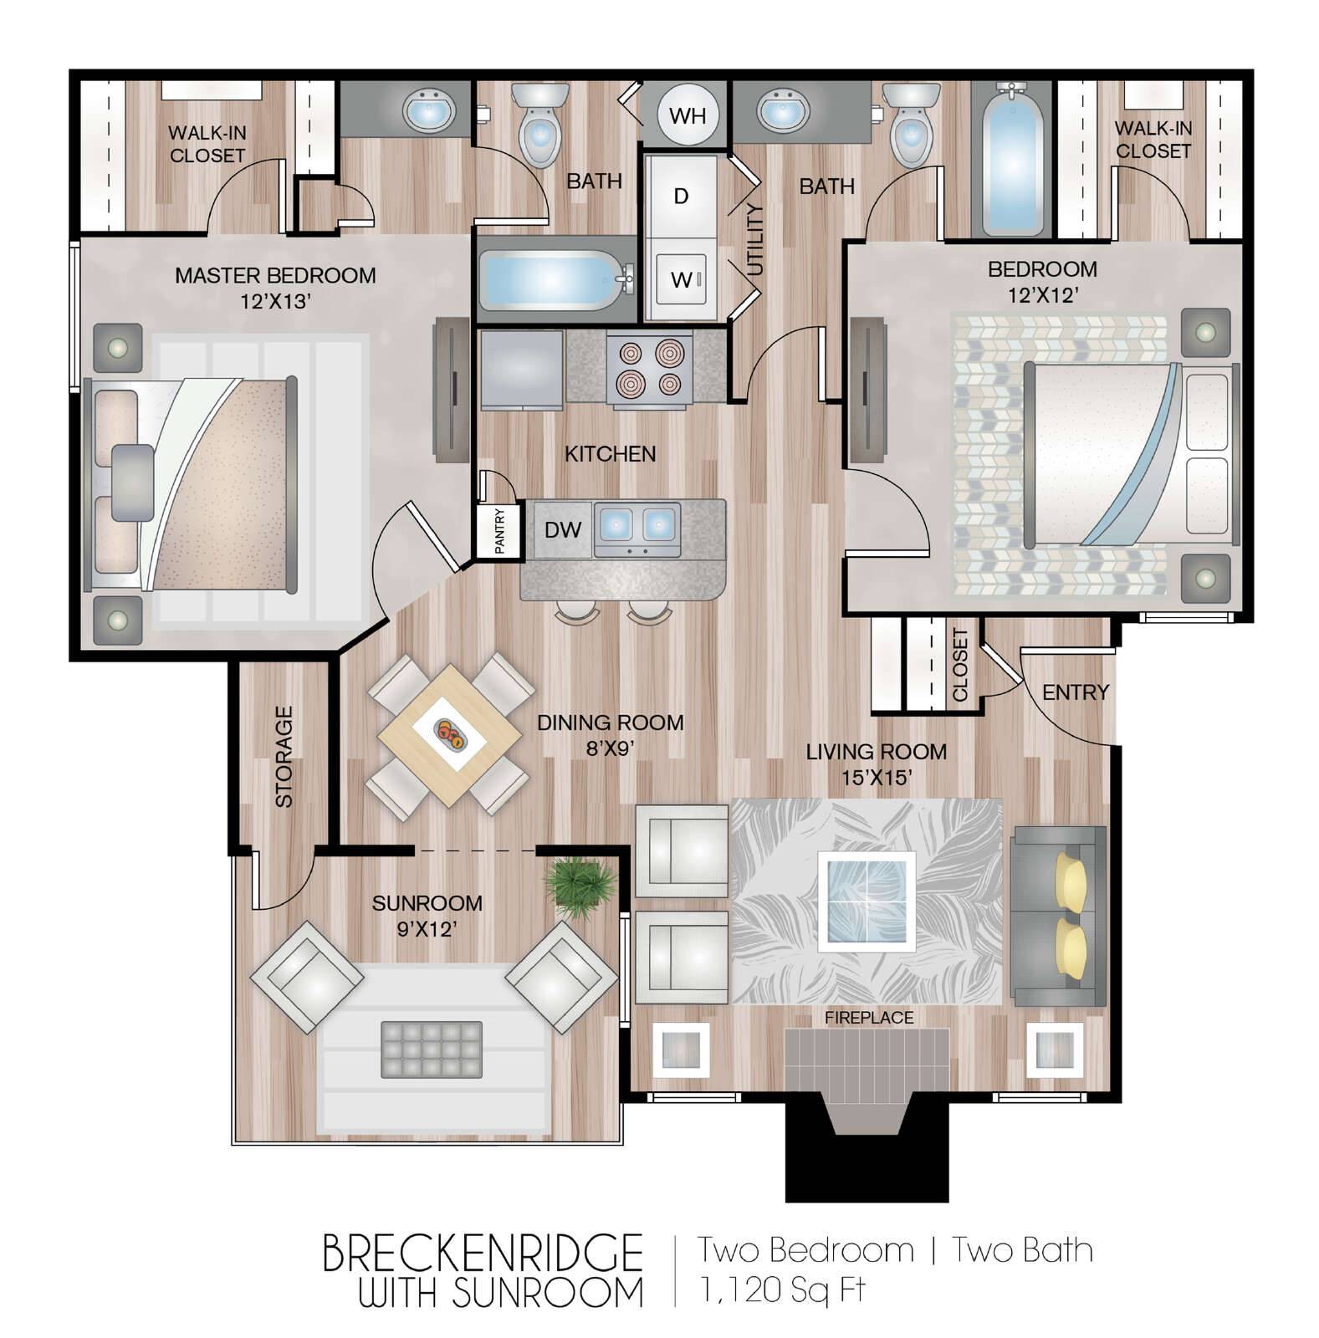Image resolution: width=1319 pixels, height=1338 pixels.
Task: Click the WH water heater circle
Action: [688, 115]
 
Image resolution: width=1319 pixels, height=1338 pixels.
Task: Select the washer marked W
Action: [682, 278]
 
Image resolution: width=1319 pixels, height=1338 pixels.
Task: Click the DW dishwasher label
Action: [563, 529]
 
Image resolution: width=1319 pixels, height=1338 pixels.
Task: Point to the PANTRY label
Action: [499, 531]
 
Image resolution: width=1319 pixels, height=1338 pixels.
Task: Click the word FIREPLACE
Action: [869, 1018]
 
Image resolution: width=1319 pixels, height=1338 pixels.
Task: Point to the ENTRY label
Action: [1075, 692]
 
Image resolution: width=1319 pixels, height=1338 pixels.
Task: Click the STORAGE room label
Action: [284, 757]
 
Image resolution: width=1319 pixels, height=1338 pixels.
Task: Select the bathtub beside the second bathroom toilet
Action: [1012, 158]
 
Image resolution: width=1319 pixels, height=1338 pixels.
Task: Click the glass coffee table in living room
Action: [867, 901]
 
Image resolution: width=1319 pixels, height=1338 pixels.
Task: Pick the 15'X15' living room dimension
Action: [876, 777]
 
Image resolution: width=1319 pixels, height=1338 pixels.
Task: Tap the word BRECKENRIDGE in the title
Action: [482, 1252]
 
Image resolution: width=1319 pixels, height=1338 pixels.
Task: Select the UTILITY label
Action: [755, 240]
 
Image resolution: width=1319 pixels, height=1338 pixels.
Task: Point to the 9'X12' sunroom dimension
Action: [426, 928]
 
